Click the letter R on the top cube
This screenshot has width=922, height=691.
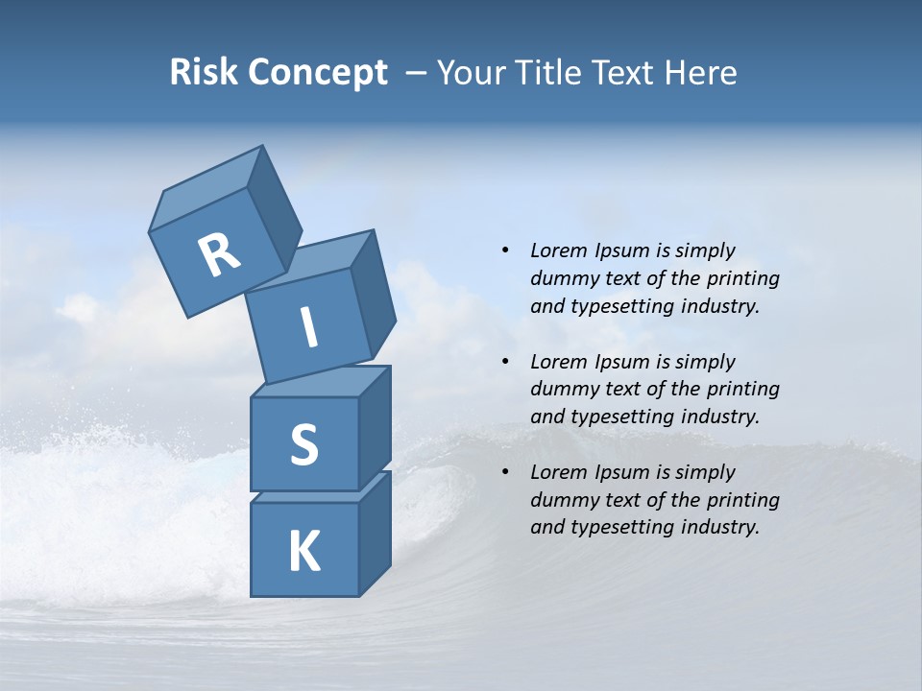tap(220, 254)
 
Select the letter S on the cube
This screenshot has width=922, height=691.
tap(303, 444)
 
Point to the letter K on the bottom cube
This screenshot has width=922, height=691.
tap(303, 552)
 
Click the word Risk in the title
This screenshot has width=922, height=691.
tap(203, 72)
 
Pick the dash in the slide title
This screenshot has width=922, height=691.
tap(417, 73)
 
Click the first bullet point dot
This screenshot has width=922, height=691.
tap(505, 251)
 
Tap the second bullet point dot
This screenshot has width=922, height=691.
tap(505, 362)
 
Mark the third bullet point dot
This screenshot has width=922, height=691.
tap(505, 472)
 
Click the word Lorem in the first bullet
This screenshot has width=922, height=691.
tap(559, 250)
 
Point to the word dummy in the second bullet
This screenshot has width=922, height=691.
tap(561, 390)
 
